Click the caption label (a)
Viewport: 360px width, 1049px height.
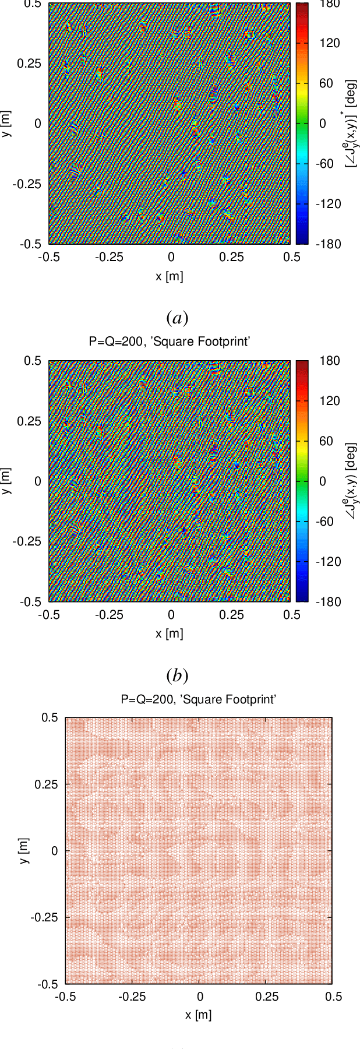pos(177,318)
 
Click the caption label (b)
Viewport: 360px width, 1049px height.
pos(177,675)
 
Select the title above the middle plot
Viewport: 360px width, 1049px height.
pos(170,342)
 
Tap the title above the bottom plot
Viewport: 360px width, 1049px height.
pos(199,699)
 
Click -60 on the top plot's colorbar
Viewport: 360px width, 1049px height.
pos(328,163)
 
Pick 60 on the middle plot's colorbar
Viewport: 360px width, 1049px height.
pos(327,441)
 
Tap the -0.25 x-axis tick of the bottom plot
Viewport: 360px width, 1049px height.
pos(132,997)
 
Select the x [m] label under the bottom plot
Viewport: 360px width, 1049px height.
pos(198,1015)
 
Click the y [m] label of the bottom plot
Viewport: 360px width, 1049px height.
pos(23,850)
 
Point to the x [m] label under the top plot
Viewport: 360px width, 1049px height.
pos(170,276)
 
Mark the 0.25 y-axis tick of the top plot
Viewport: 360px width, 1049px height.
pos(30,63)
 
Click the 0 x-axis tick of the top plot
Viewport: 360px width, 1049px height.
pos(170,257)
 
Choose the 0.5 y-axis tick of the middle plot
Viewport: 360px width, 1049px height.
pos(33,361)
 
